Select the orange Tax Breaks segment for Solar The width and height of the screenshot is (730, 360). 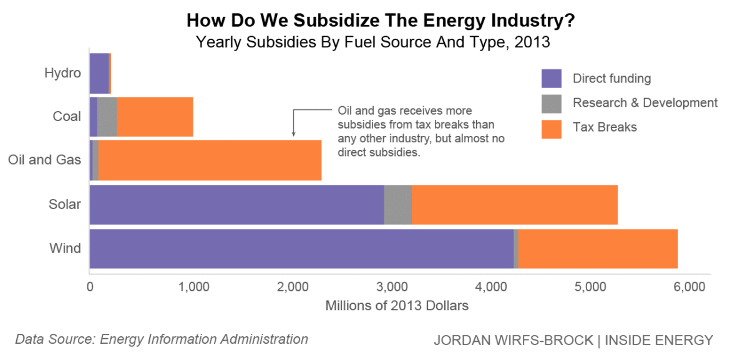[514, 205]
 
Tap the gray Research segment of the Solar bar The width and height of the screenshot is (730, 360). [397, 205]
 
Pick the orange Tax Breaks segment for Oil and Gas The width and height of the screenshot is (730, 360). [210, 160]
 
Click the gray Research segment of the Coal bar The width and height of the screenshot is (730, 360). [107, 117]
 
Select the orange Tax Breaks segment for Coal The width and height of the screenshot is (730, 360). [155, 117]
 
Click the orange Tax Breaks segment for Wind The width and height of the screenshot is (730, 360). [598, 248]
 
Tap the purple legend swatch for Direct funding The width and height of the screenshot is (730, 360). [552, 79]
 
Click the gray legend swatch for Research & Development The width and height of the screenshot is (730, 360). [552, 103]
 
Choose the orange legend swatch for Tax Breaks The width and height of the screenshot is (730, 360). [552, 127]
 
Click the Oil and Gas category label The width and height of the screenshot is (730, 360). [44, 160]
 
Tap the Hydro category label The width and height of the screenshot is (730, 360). [62, 73]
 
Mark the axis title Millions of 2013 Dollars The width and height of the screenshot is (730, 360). [397, 306]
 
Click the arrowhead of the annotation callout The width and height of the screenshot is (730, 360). [293, 134]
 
